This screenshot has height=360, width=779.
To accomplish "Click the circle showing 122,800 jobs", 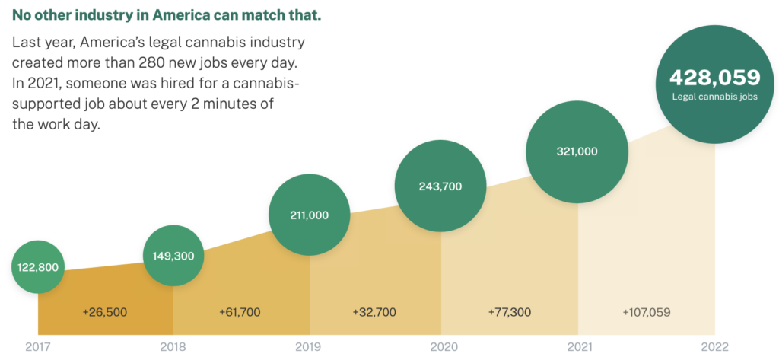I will point(38,267).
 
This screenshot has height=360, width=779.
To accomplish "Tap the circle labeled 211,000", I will point(310,215).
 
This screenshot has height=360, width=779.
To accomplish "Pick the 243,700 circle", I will point(440,186).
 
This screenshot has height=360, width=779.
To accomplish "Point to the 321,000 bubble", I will point(577,151).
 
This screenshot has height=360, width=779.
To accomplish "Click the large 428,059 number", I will point(714,78).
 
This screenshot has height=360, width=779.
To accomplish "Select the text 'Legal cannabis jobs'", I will point(714,97).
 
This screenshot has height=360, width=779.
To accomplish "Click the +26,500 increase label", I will point(104,312).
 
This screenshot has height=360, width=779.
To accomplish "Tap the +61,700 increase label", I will point(241,312).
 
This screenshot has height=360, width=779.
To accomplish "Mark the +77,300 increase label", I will point(510,312).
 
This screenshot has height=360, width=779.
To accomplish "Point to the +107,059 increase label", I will point(647,312).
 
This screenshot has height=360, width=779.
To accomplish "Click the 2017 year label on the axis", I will point(38,348).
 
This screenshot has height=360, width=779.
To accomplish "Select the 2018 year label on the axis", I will point(173,348).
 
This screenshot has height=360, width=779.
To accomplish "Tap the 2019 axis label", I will point(309,348).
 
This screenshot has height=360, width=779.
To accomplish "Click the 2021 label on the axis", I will point(578,348).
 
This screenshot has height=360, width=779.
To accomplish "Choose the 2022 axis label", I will point(714,348).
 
